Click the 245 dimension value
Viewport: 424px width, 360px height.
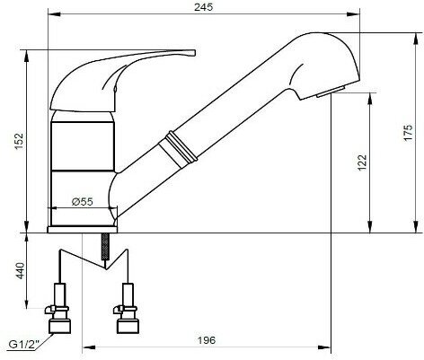204,6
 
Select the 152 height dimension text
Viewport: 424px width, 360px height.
19,142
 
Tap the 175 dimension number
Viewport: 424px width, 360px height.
408,132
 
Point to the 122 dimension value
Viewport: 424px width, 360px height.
362,162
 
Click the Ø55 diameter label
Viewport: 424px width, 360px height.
83,202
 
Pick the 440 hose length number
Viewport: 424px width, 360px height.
20,270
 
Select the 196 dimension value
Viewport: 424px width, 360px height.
206,340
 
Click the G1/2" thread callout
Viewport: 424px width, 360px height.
23,345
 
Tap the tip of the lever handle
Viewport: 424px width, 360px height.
195,53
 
